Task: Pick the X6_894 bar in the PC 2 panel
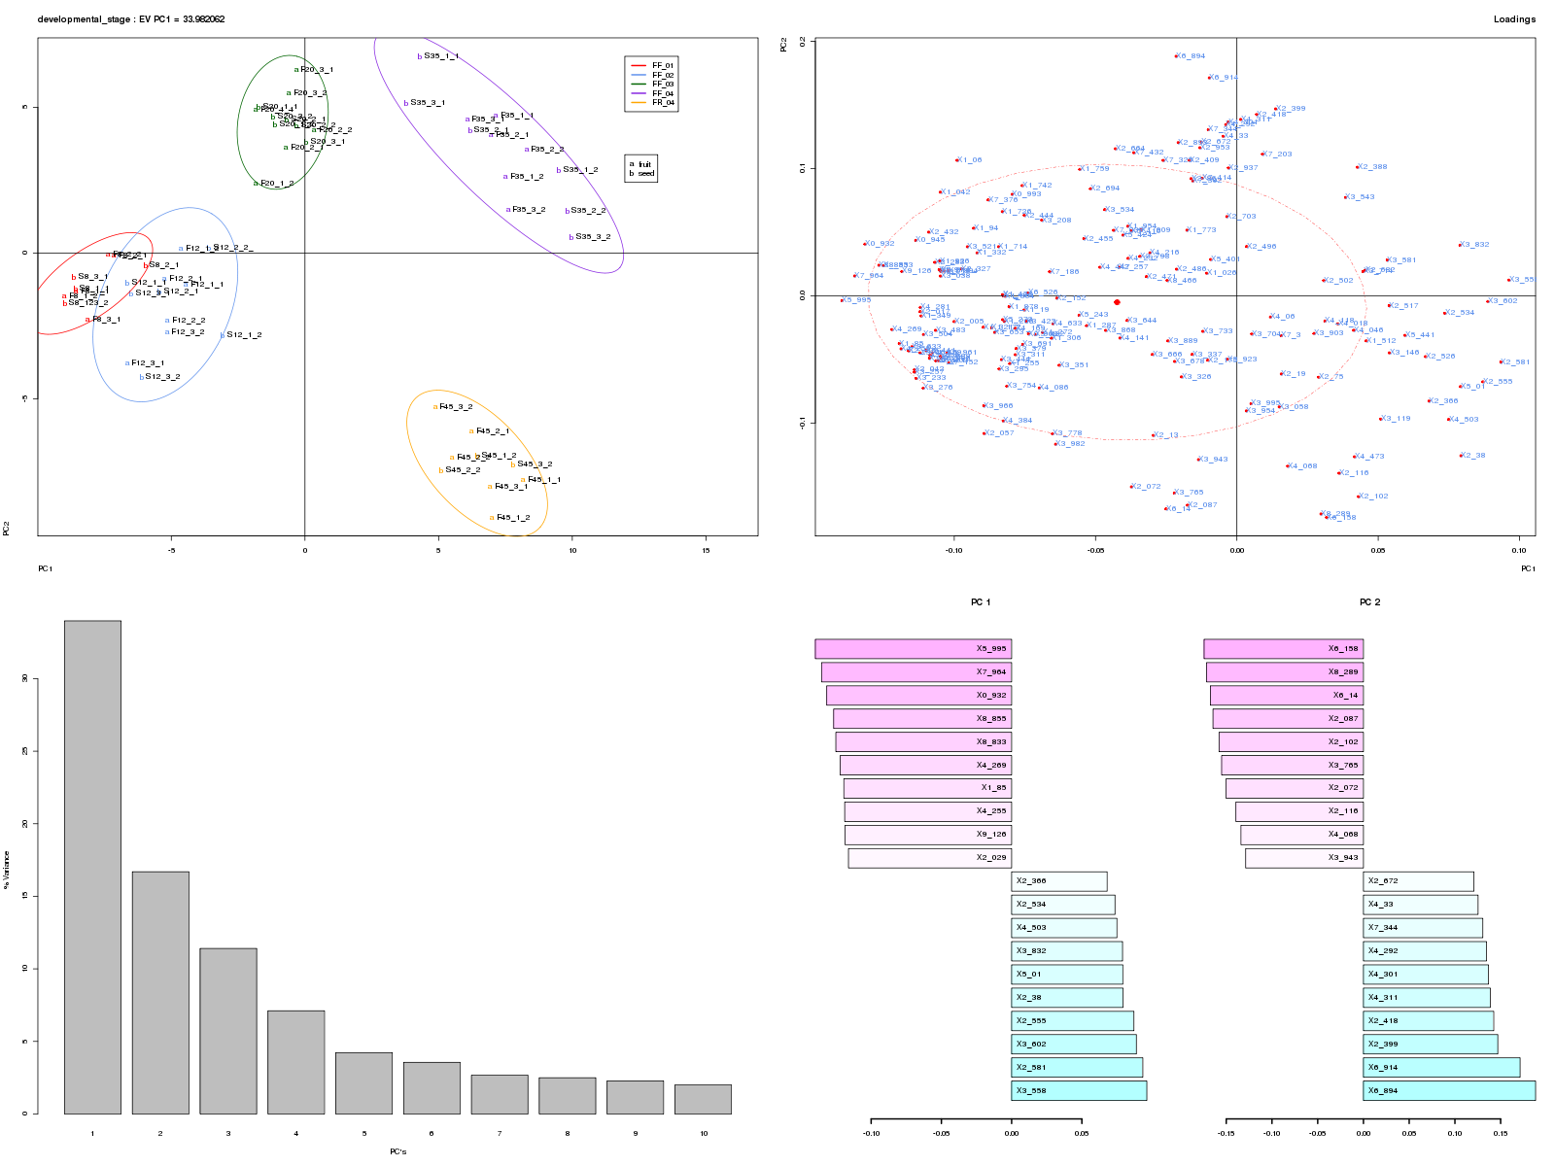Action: point(1448,1090)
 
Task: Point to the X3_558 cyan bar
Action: point(1079,1090)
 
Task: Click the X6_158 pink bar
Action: point(1283,649)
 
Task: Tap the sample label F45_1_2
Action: point(512,518)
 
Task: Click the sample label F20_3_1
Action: point(316,70)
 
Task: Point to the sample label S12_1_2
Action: point(243,335)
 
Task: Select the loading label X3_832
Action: point(1474,245)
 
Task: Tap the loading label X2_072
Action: point(1147,487)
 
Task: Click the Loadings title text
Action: point(1513,19)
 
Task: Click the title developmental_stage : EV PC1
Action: point(131,19)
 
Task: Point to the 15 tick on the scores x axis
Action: point(706,551)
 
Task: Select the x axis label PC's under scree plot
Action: point(397,1151)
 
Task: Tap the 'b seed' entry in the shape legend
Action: point(642,173)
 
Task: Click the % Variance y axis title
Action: point(7,869)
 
